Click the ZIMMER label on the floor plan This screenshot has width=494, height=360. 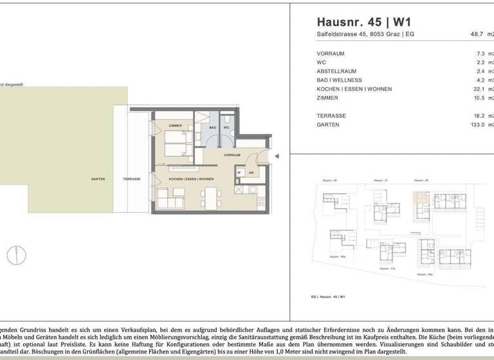tap(176, 125)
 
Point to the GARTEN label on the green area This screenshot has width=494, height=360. tap(98, 179)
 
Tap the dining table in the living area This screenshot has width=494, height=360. tap(210, 195)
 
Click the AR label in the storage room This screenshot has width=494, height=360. tap(251, 172)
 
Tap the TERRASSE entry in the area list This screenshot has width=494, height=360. tap(331, 116)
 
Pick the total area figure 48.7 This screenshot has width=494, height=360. tap(474, 35)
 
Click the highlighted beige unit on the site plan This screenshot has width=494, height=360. tap(420, 197)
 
